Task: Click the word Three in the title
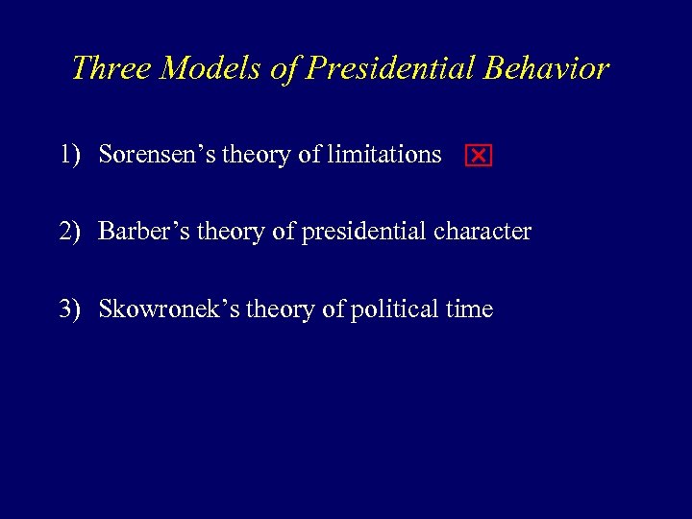[x=108, y=68]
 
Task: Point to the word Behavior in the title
[x=547, y=68]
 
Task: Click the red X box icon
[x=478, y=157]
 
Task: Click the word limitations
[x=383, y=155]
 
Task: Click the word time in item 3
[x=470, y=309]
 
